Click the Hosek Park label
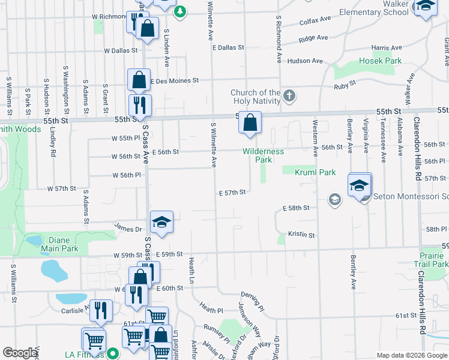380,61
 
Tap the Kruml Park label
315,172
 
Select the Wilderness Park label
264,155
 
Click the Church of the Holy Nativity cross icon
289,95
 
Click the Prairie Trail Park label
431,260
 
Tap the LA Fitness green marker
112,353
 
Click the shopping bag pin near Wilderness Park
250,123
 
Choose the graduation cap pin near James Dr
161,223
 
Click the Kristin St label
301,235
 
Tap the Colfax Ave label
316,19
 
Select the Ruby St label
345,87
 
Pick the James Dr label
128,229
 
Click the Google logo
20,353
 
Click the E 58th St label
296,208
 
